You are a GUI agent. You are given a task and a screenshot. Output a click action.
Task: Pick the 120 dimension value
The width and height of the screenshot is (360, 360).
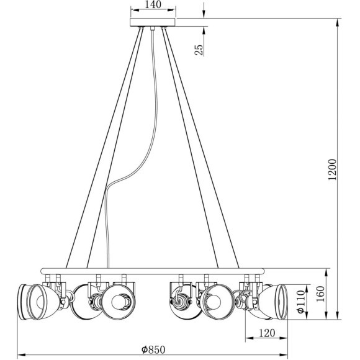pos(266,333)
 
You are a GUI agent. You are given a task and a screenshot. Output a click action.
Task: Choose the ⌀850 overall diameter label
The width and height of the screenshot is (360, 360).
pos(152,349)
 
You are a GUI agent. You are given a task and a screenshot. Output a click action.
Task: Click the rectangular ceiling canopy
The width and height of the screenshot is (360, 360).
pos(153,22)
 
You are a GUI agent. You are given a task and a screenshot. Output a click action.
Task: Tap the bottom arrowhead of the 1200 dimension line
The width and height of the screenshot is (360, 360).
pos(338,315)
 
